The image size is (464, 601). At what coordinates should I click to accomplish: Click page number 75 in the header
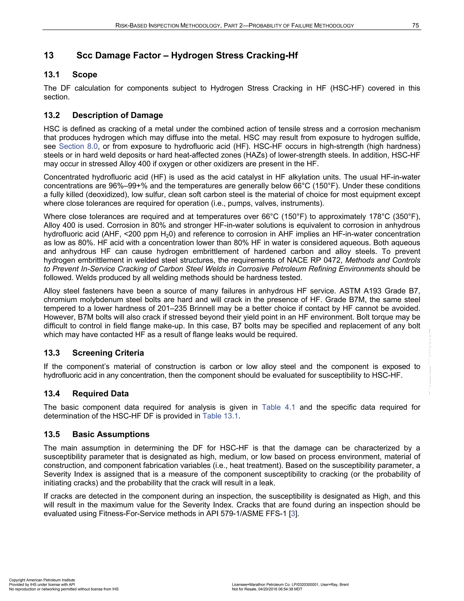point(415,26)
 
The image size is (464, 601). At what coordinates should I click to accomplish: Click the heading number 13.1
point(51,75)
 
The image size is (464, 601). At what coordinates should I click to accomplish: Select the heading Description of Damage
point(117,115)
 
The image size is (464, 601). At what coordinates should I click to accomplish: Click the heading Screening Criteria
point(108,353)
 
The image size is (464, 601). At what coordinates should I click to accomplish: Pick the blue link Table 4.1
point(278,407)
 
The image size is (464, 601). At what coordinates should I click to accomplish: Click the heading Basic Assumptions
point(111,434)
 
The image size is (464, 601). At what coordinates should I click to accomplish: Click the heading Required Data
point(100,393)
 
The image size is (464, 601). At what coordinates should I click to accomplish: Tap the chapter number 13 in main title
point(49,55)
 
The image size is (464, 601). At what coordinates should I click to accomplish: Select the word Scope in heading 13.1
point(85,75)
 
